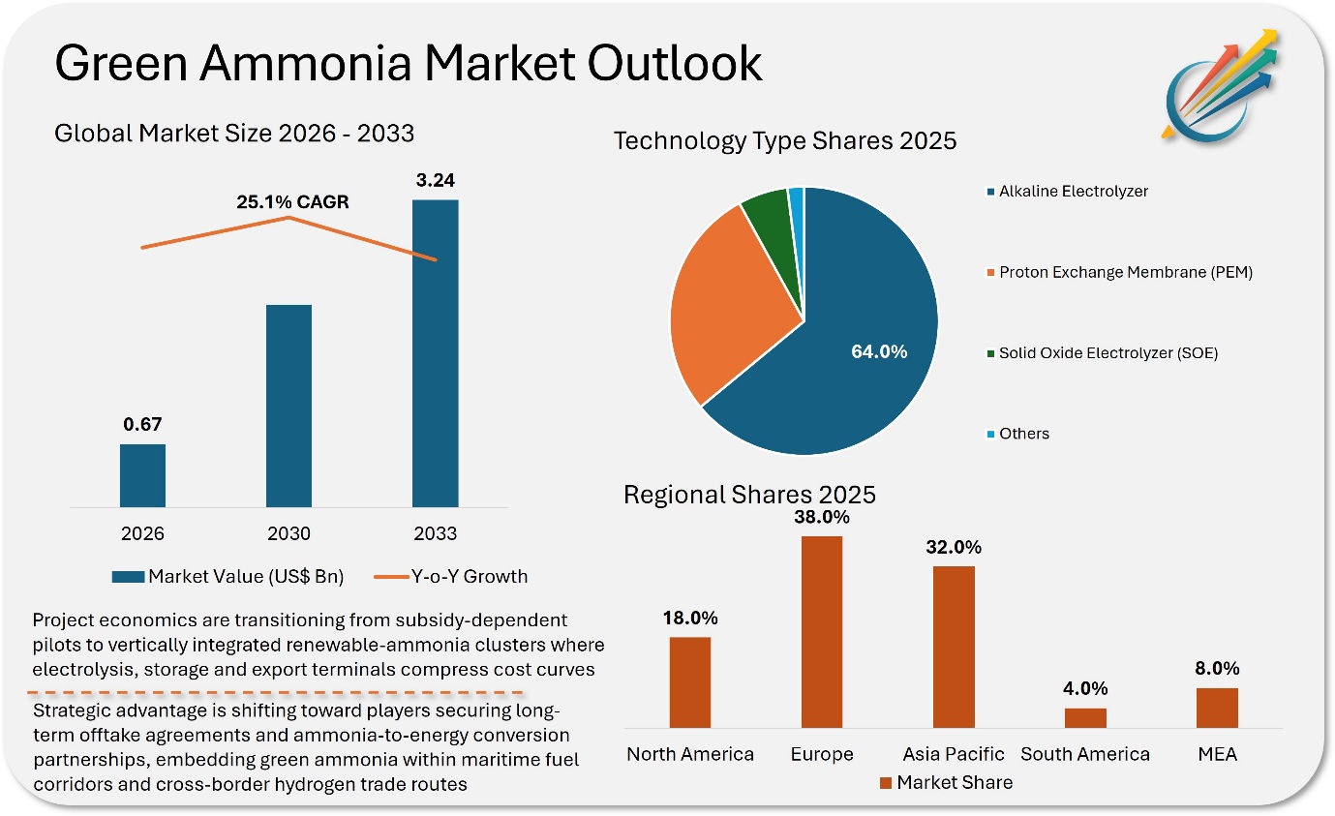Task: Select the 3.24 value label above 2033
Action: coord(435,180)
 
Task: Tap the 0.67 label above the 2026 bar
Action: coord(142,424)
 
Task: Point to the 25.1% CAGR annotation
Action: coord(292,202)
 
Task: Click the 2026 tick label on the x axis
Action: coord(142,533)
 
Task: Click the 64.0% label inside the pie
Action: coord(878,351)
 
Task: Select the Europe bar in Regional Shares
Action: coord(821,631)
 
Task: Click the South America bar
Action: coord(1084,717)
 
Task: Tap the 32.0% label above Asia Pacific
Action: coord(954,547)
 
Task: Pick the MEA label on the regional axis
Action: coord(1217,753)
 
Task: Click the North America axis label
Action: coord(689,753)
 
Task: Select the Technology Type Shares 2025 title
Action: coord(785,141)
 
